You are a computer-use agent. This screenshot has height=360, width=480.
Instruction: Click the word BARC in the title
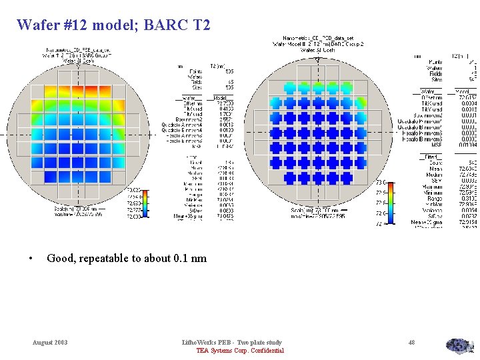coord(167,25)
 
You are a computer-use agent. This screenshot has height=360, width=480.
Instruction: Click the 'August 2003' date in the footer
coord(50,342)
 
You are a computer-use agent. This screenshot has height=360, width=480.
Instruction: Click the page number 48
coord(411,342)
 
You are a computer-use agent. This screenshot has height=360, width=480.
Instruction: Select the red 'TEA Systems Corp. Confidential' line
coord(239,351)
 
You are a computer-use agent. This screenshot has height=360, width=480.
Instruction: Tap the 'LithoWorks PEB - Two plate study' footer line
coord(232,342)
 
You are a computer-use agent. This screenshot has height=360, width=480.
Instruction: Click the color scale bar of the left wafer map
coord(146,202)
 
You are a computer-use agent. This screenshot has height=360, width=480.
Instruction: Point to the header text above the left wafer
coord(78,54)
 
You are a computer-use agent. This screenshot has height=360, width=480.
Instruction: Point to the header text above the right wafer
coord(316,44)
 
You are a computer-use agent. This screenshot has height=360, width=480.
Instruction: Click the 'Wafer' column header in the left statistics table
coord(193,99)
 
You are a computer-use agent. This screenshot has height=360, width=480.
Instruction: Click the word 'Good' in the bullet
coord(61,258)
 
